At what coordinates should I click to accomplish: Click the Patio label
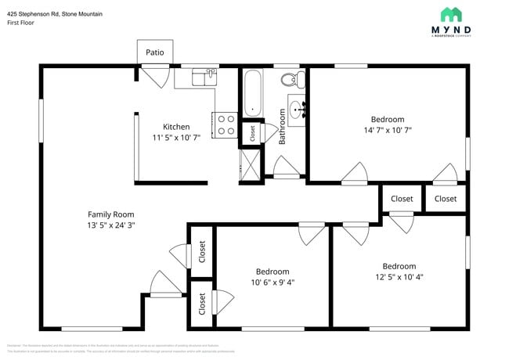155,52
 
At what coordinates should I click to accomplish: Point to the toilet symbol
291,79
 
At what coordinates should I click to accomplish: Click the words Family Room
110,214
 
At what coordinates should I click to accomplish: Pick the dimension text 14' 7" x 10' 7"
387,131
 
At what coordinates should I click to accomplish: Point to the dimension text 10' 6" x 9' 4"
273,282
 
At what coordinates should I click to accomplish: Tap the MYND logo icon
451,15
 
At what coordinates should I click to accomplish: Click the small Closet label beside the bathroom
252,133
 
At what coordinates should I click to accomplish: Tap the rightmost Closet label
446,199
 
